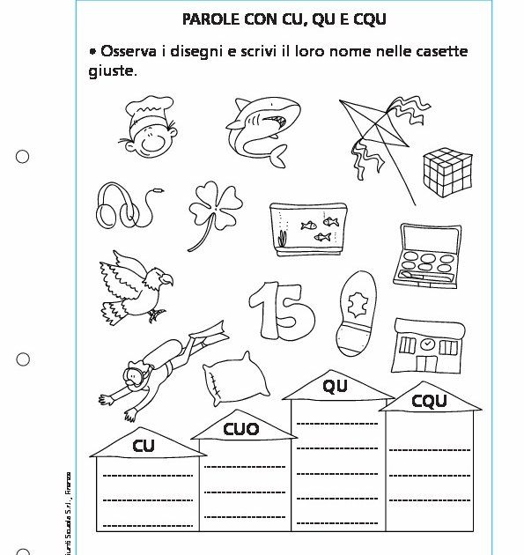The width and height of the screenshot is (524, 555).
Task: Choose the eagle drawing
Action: (x=137, y=285)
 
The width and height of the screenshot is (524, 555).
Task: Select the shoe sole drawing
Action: (x=356, y=309)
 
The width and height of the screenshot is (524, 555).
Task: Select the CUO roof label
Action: (x=240, y=430)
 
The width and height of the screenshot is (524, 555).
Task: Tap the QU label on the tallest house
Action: (x=335, y=386)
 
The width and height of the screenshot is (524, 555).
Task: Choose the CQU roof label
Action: (x=429, y=402)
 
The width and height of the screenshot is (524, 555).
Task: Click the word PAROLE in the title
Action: (x=213, y=18)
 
